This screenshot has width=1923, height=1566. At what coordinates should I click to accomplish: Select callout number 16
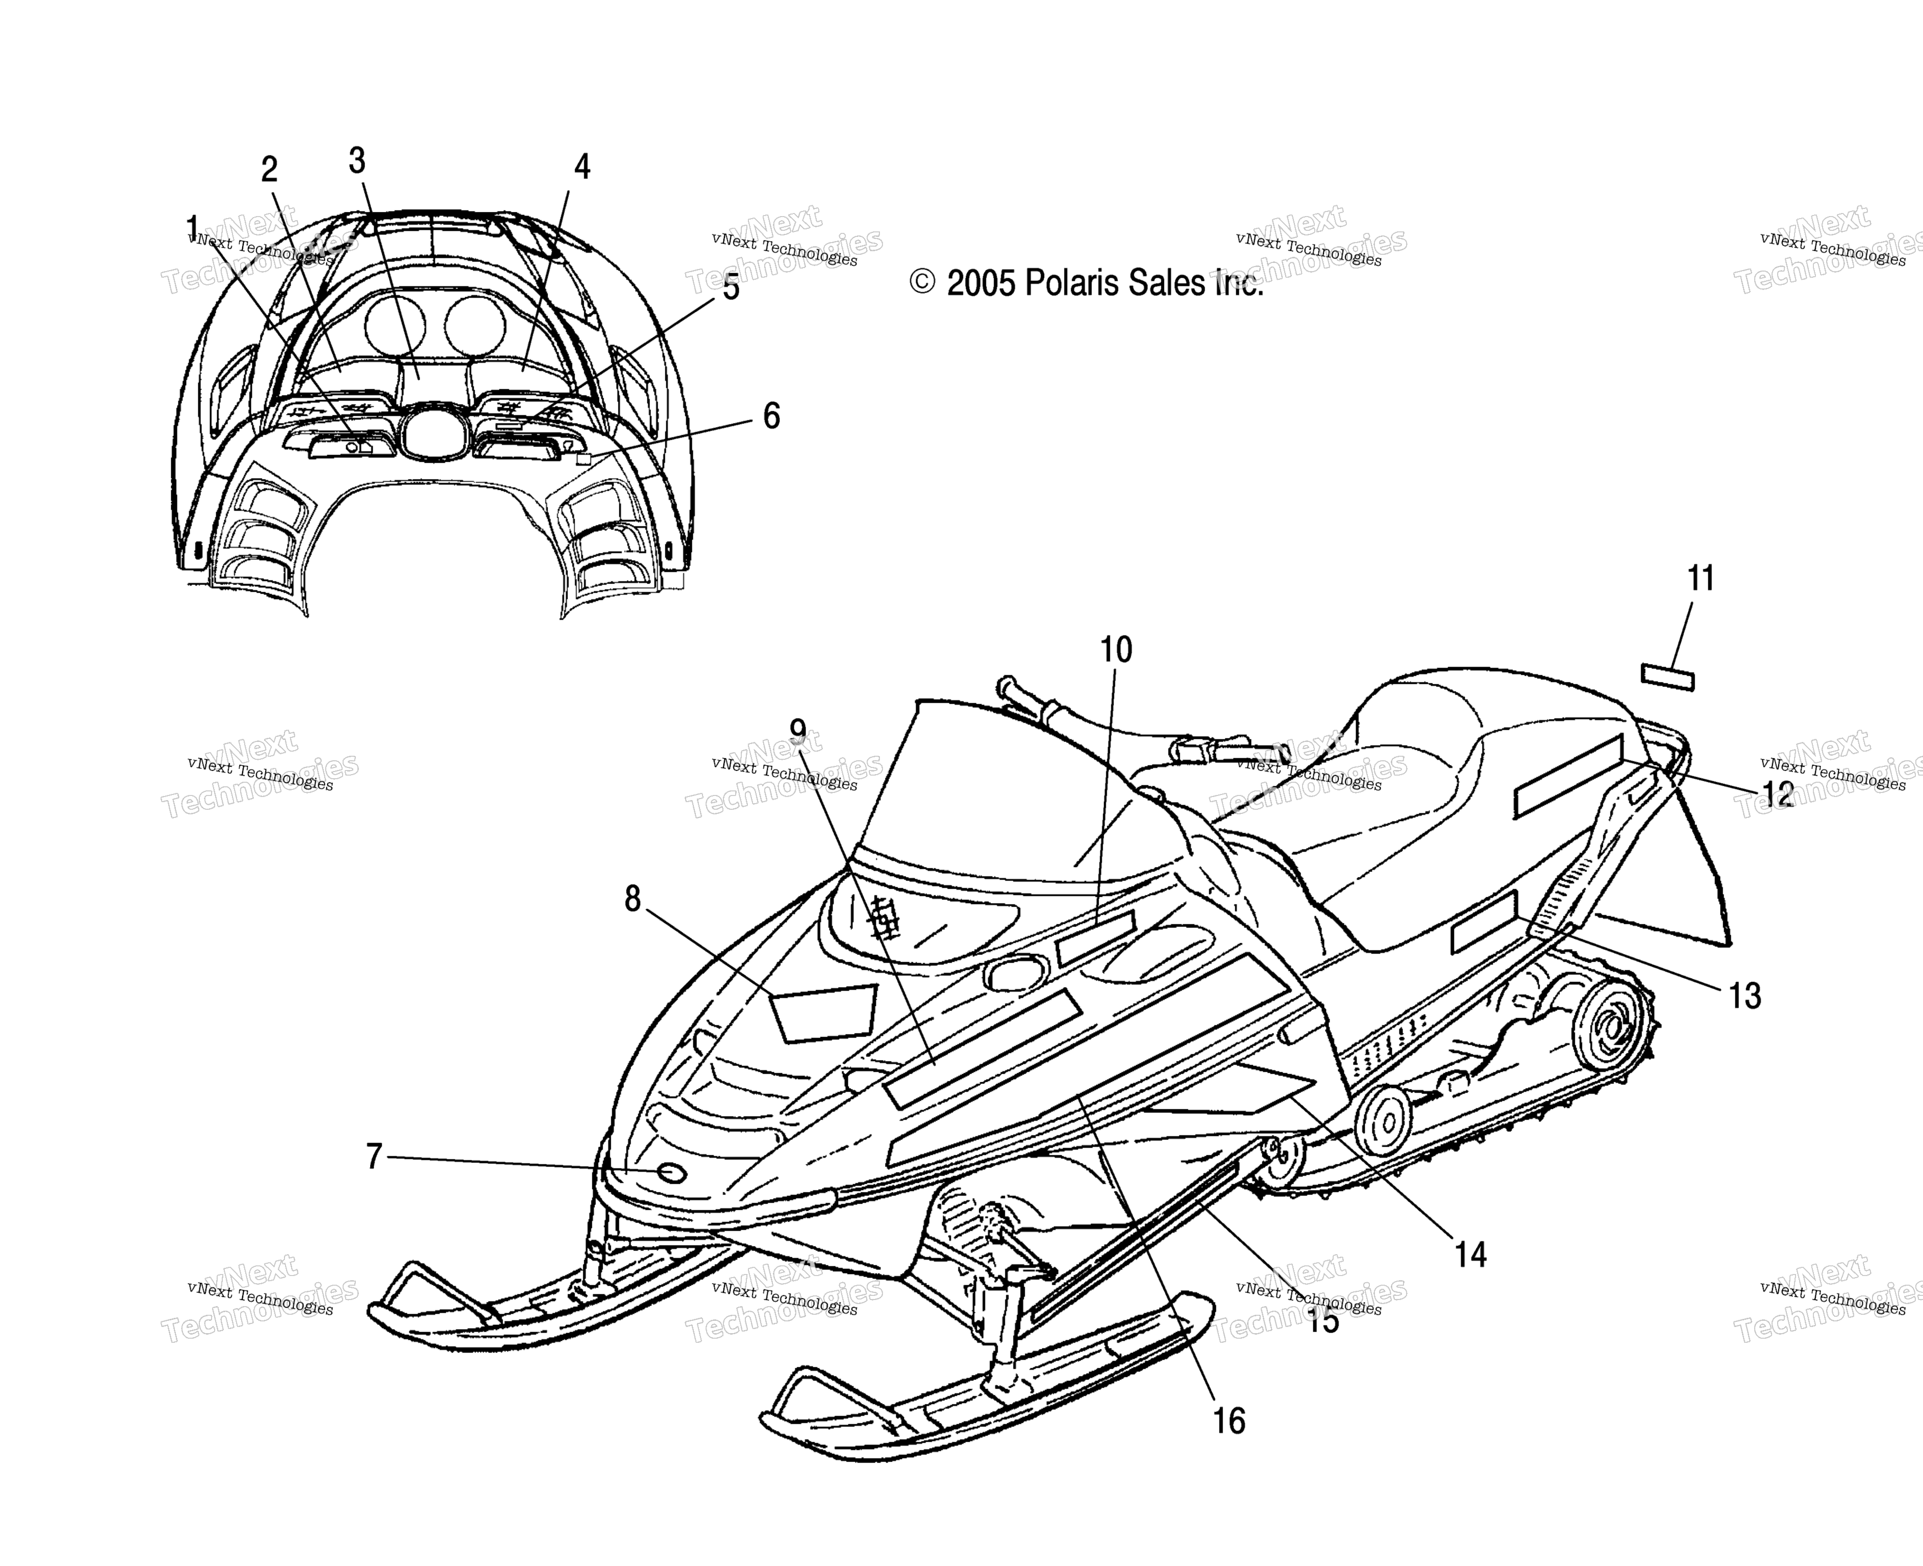[x=1229, y=1422]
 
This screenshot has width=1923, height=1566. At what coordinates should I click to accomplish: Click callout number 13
[x=1745, y=996]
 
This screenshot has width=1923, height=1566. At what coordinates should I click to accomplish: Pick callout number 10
[x=1116, y=650]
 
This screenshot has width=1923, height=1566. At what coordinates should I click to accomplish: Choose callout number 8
[x=633, y=898]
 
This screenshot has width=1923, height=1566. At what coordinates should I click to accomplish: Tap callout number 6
[x=771, y=416]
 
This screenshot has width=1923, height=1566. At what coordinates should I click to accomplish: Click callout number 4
[x=582, y=166]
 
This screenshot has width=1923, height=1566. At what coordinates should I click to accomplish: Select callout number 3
[x=357, y=161]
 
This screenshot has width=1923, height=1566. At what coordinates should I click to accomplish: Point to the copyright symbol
[x=922, y=283]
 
